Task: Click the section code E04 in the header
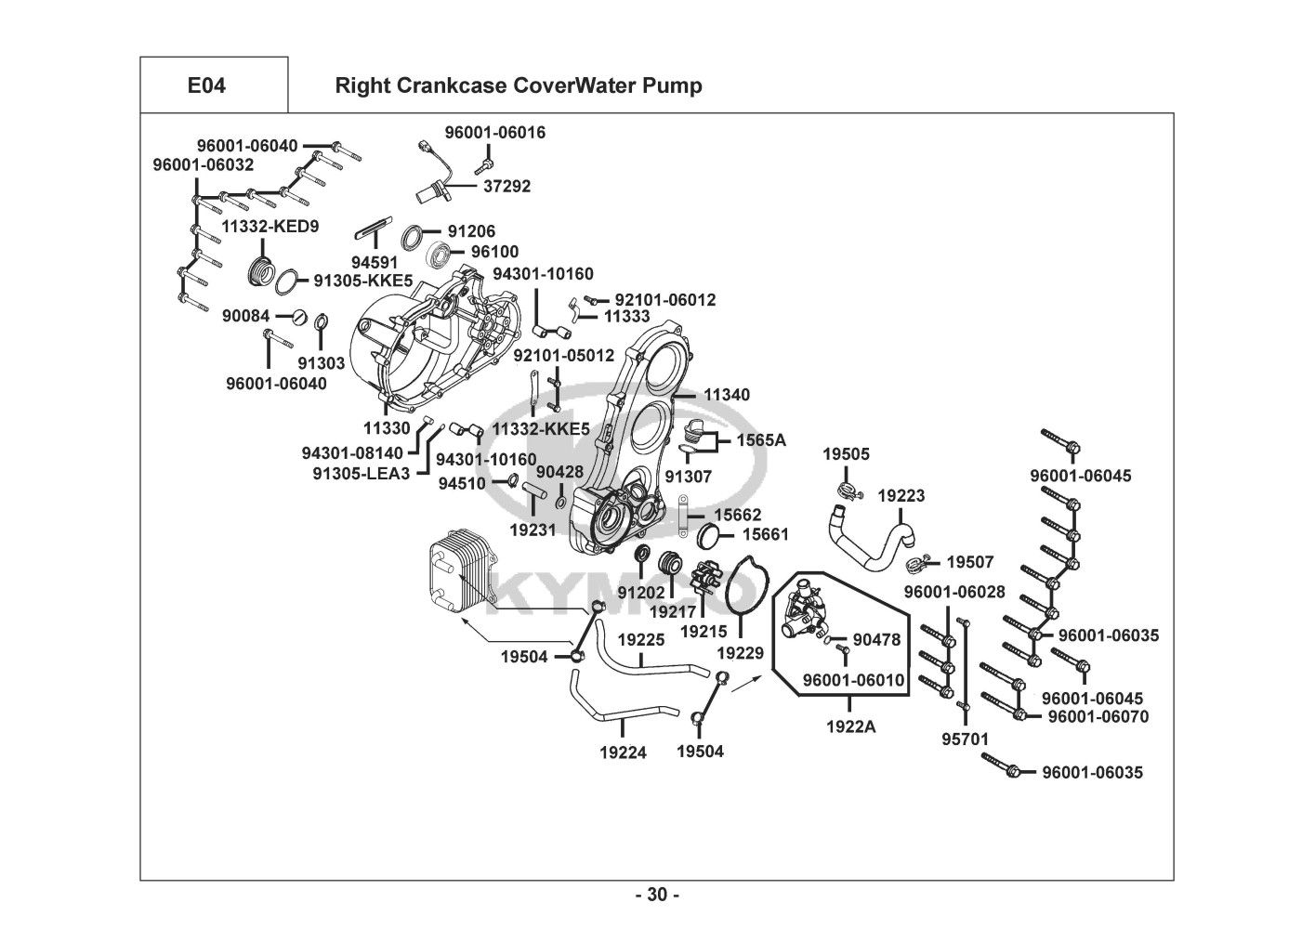pos(206,85)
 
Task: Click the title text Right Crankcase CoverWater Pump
pos(518,85)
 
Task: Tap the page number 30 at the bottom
pos(657,896)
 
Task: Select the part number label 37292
pos(506,186)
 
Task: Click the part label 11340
pos(726,395)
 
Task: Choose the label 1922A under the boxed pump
pos(850,726)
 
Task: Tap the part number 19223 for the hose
pos(901,496)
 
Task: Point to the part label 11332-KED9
pos(265,226)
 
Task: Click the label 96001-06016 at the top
pos(495,133)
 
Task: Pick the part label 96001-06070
pos(1098,716)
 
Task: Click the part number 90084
pos(245,317)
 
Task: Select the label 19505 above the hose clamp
pos(846,453)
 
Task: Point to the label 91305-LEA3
pos(361,472)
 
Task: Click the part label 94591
pos(375,263)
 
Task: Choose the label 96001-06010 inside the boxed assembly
pos(853,680)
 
